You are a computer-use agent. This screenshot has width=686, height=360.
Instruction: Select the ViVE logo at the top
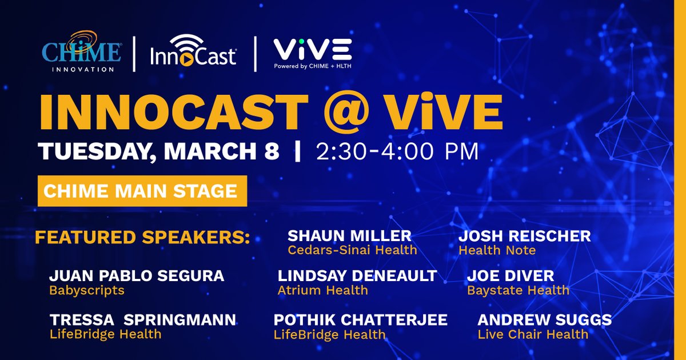pos(312,53)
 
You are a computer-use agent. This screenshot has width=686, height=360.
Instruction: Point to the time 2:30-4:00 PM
pos(397,151)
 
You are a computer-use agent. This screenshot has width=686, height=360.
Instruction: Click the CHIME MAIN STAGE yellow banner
pos(142,191)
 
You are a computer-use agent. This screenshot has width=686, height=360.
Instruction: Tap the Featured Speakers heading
pos(142,237)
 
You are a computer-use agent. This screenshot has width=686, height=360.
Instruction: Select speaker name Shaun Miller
pos(349,235)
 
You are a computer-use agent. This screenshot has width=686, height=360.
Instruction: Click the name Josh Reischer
pos(524,235)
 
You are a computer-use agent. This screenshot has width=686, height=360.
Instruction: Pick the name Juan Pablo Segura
pos(137,276)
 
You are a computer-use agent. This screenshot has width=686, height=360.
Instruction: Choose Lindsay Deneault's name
pos(357,276)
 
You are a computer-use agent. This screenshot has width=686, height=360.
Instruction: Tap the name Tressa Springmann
pos(143,319)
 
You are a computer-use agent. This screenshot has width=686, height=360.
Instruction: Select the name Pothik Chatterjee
pos(361,319)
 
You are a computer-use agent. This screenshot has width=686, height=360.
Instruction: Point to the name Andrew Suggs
pos(544,319)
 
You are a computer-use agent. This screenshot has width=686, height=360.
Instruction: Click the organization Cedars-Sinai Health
pos(352,250)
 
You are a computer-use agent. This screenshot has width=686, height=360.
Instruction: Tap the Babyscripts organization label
pos(87,290)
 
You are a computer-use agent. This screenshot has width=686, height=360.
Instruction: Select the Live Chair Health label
pos(533,334)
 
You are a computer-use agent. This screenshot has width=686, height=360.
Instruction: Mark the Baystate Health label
pos(518,290)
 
